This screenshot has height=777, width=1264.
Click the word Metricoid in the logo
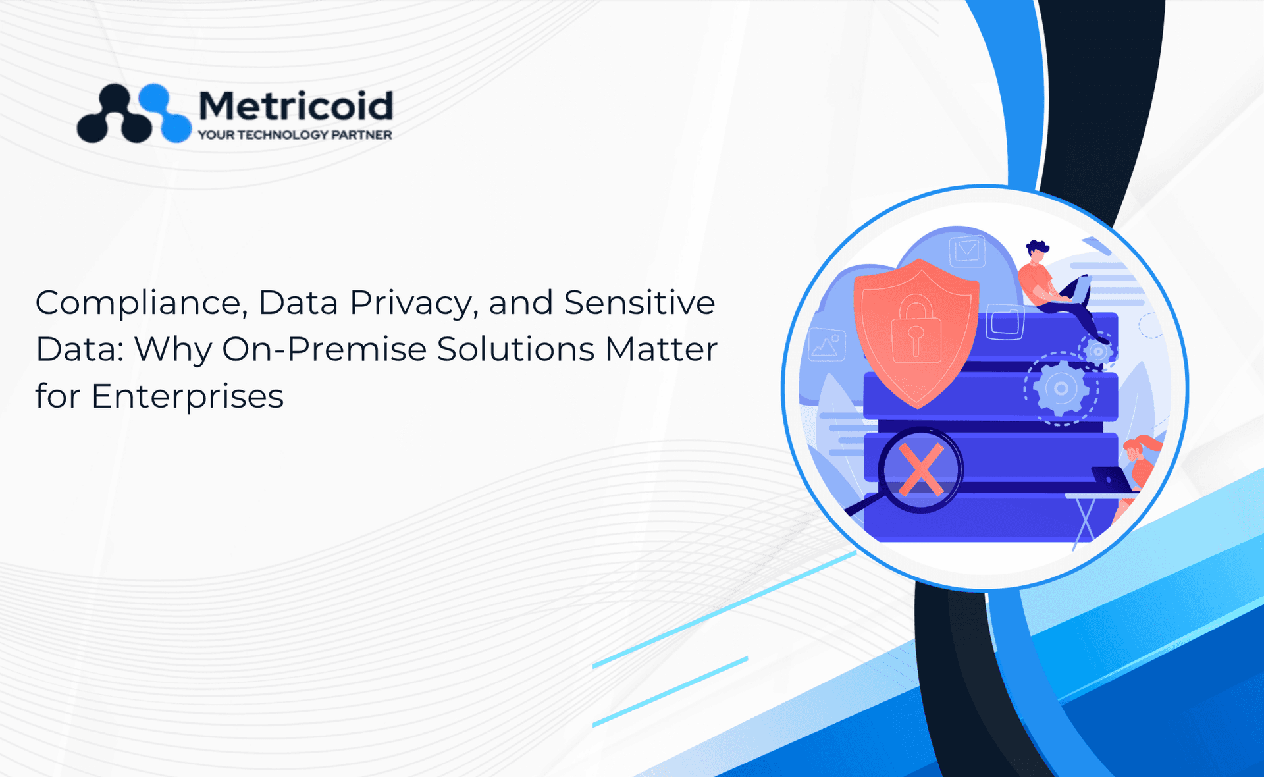(x=296, y=105)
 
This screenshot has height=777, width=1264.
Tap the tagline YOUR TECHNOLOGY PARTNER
(x=295, y=135)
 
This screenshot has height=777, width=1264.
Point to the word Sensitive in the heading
(x=639, y=303)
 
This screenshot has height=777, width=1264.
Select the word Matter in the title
(x=662, y=350)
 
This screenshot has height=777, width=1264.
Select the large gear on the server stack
(x=1061, y=388)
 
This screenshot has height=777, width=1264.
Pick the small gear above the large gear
(x=1097, y=351)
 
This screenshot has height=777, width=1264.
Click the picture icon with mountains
(x=827, y=344)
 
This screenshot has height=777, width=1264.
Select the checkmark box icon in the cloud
(x=966, y=251)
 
